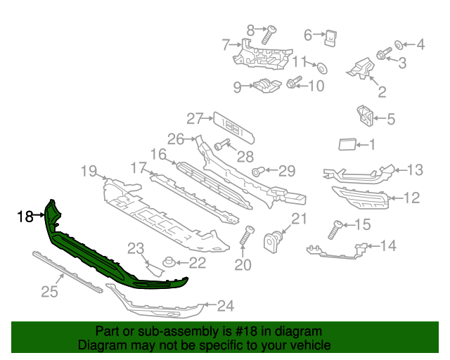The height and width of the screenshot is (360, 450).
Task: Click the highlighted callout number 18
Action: click(x=25, y=217)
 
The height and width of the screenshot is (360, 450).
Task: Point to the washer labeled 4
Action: click(x=399, y=45)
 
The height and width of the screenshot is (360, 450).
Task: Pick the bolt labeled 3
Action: click(x=384, y=53)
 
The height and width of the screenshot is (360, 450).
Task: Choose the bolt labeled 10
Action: click(x=294, y=85)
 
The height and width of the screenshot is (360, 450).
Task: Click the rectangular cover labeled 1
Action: click(x=347, y=145)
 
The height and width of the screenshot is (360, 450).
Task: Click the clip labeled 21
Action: click(x=273, y=242)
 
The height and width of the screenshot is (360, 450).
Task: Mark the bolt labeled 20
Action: click(x=246, y=236)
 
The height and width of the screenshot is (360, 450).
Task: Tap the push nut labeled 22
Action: click(x=169, y=264)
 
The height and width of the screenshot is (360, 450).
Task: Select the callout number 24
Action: click(x=225, y=306)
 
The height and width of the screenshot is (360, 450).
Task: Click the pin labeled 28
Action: click(x=219, y=146)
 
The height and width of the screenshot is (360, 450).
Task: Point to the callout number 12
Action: click(x=411, y=198)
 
